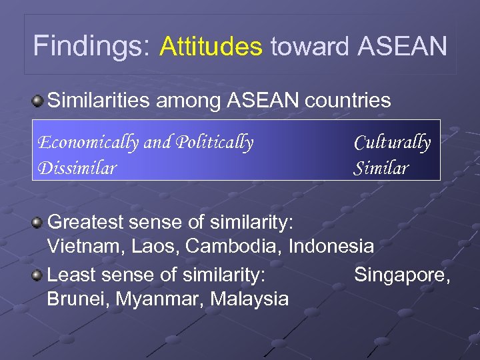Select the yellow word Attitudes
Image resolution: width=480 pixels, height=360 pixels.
click(211, 47)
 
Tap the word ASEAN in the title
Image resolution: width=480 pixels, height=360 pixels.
click(402, 47)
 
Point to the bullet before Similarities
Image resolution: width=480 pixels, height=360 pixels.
click(39, 101)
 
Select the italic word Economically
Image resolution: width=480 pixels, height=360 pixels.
click(87, 143)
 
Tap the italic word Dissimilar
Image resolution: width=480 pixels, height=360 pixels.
click(77, 167)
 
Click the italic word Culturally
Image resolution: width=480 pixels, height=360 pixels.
click(392, 143)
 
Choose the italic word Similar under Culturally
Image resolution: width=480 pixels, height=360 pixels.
click(380, 168)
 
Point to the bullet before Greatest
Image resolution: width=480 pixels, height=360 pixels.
click(39, 221)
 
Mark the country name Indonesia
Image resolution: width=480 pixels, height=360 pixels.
click(331, 246)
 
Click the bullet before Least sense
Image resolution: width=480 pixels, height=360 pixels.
click(39, 274)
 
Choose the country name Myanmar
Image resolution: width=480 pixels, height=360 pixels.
click(159, 299)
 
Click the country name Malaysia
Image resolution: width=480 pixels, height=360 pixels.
click(249, 299)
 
